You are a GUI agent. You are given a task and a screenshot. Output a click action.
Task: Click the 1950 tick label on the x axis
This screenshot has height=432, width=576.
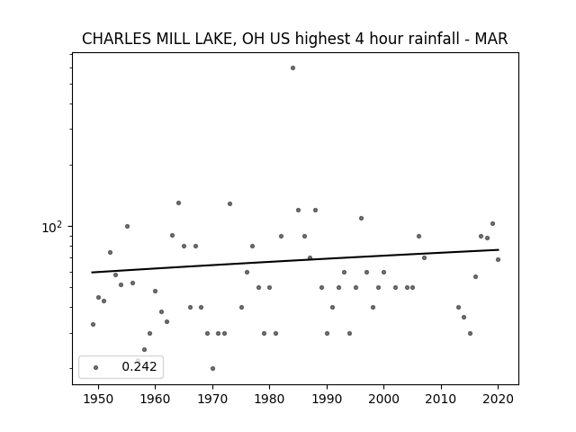pos(98,399)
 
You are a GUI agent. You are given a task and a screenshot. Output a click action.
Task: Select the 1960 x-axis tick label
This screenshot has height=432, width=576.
pos(155,399)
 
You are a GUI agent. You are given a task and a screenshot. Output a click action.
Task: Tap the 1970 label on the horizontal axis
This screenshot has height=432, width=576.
pos(212,399)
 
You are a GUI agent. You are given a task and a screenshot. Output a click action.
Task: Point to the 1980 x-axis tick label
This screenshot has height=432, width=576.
pos(269,399)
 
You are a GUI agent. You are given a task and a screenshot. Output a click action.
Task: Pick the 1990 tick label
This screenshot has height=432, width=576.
pos(327,399)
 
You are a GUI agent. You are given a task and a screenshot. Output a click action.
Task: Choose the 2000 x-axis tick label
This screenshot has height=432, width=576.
pos(383,399)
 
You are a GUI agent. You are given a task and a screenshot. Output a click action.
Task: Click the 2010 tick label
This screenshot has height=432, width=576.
pos(441,399)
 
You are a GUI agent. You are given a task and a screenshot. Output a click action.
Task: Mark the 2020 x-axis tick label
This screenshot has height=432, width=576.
pos(498,399)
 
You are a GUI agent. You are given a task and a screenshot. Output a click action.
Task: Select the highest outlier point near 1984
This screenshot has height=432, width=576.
pos(292,68)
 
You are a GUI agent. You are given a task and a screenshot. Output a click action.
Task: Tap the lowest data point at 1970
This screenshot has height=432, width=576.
pos(212,368)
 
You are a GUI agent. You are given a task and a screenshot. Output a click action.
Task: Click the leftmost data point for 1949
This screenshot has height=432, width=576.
pos(93,324)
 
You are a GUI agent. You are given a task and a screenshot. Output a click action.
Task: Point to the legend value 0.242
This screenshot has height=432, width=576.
pos(139,366)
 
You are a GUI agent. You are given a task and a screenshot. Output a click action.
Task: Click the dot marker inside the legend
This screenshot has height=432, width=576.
pos(96,367)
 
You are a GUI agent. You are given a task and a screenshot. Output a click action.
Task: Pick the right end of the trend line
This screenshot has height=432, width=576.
pos(499,250)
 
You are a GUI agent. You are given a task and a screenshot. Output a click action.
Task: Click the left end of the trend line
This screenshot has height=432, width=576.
pos(92,272)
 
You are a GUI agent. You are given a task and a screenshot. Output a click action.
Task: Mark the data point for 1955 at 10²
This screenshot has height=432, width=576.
pos(127,226)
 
